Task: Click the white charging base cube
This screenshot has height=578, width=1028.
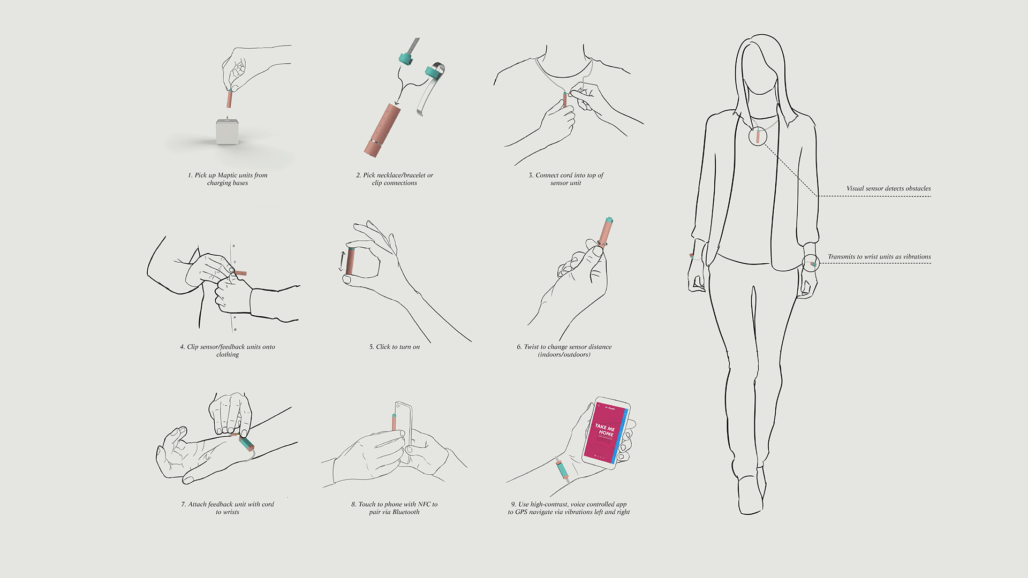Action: (228, 132)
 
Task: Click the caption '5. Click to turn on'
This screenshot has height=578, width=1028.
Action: (395, 347)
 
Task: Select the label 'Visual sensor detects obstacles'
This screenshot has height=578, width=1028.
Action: (888, 188)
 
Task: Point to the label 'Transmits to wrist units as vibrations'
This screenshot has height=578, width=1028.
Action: (879, 257)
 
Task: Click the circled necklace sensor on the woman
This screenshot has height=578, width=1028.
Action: (758, 135)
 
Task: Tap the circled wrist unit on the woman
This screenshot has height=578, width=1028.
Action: (812, 263)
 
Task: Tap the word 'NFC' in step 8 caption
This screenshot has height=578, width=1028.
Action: (424, 504)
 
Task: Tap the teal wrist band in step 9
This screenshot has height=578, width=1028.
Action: (563, 469)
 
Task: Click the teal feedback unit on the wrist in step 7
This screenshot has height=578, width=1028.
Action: (247, 444)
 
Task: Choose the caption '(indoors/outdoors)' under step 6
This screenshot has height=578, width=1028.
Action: (564, 354)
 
